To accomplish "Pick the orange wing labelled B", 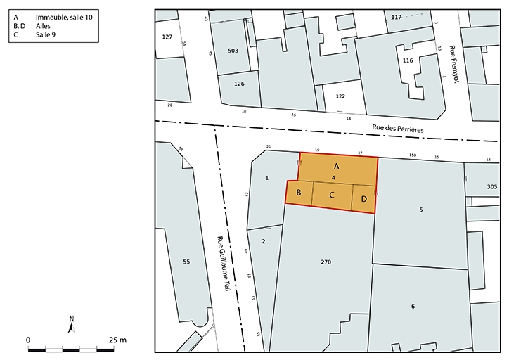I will [299, 193].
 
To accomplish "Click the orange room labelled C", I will [331, 195].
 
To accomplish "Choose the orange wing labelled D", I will [363, 199].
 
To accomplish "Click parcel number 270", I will [326, 262].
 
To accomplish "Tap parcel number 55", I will [186, 262].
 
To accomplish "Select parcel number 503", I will [233, 51].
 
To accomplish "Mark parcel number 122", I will [340, 96].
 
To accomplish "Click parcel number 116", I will [407, 61].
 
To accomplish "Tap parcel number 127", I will [167, 37].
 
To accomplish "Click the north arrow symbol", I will [72, 325].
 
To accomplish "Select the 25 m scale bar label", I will [117, 340].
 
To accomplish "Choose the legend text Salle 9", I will [46, 34].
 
